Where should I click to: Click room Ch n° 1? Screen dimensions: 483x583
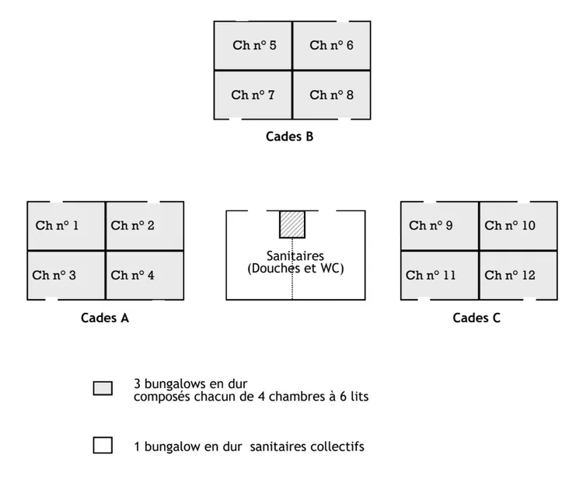[x=66, y=226]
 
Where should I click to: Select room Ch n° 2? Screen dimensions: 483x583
[x=145, y=226]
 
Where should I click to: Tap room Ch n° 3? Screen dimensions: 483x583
[x=66, y=275]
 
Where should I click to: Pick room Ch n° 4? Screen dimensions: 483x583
[x=145, y=275]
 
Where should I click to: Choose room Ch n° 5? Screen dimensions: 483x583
[x=253, y=46]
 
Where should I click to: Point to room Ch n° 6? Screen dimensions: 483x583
[x=331, y=46]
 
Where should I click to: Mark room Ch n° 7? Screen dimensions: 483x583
[x=253, y=95]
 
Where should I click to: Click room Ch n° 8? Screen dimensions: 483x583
[x=331, y=95]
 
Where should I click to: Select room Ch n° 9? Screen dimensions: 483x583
[x=439, y=226]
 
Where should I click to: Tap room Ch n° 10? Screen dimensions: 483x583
[x=518, y=226]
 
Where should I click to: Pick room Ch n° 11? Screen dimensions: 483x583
[x=439, y=275]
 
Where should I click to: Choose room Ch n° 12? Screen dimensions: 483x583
[x=518, y=275]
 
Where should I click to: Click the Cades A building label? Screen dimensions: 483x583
[x=105, y=318]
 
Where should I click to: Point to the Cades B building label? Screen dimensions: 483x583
[x=290, y=137]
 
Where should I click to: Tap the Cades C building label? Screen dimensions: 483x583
[x=477, y=318]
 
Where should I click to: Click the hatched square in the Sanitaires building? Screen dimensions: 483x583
[x=292, y=224]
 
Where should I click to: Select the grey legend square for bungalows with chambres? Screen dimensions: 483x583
[x=103, y=388]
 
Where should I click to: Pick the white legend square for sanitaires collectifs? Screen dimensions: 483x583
[x=103, y=446]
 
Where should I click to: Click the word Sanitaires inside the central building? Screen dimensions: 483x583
[x=295, y=255]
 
